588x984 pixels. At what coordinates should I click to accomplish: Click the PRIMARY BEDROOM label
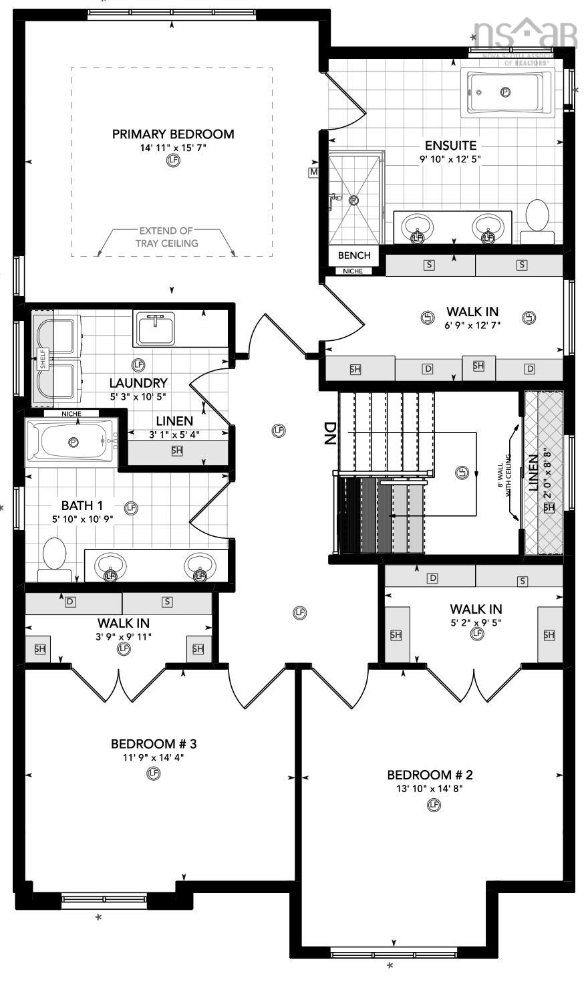[173, 134]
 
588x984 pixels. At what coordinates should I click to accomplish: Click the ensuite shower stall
[354, 199]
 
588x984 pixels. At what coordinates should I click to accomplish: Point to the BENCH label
[353, 255]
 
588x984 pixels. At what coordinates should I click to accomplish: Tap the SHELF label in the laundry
[43, 359]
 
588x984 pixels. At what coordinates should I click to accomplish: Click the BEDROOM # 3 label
[153, 744]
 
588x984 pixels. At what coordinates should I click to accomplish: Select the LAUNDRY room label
[138, 383]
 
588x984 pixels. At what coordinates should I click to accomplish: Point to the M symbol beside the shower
[313, 172]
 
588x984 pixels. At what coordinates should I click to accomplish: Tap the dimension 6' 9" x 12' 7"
[472, 325]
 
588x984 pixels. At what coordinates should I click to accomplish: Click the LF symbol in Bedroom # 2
[434, 806]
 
